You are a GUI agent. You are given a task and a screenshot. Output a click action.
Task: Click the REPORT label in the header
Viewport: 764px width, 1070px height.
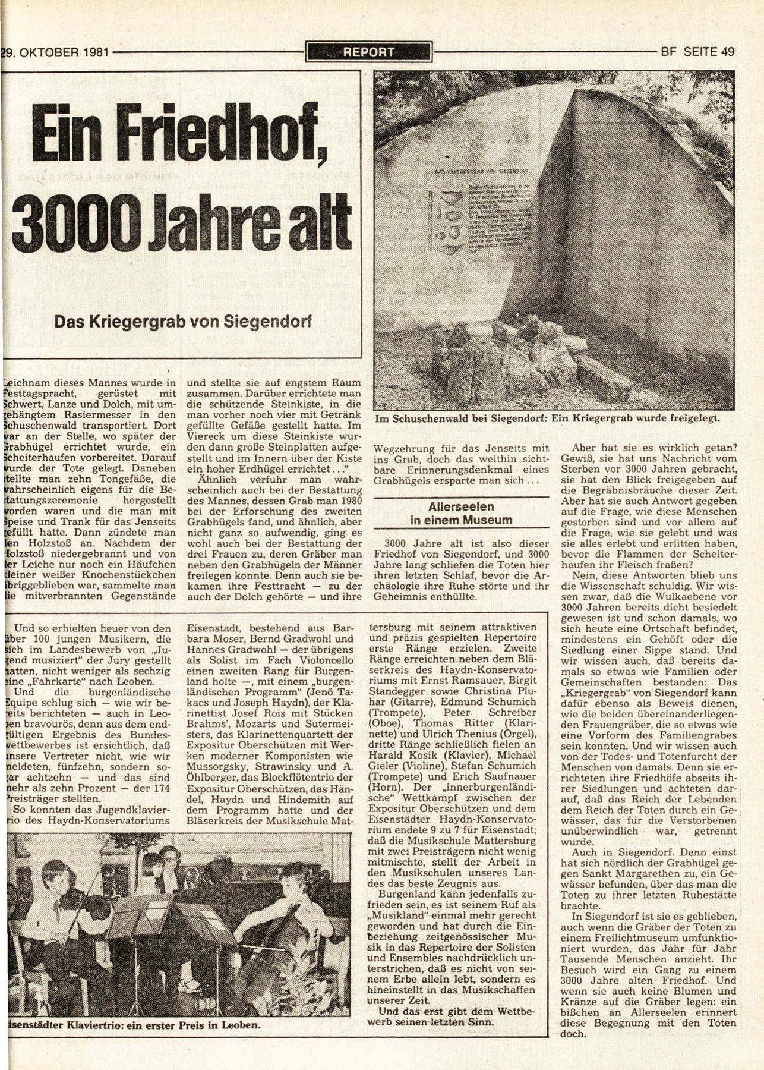click(x=368, y=52)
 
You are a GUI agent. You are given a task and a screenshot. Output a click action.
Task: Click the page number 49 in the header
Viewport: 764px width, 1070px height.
click(x=727, y=51)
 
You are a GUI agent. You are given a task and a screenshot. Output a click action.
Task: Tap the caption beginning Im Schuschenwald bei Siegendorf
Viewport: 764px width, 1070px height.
click(x=547, y=418)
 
